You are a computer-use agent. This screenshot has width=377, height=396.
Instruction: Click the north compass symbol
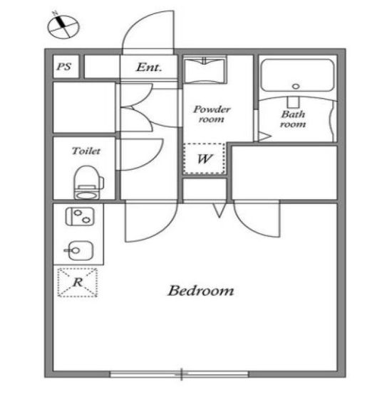pyautogui.click(x=63, y=26)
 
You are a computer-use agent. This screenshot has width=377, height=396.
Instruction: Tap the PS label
pyautogui.click(x=64, y=67)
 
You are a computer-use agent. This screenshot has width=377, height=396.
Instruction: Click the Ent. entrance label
pyautogui.click(x=149, y=67)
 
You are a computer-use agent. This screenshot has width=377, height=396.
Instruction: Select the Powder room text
pyautogui.click(x=212, y=114)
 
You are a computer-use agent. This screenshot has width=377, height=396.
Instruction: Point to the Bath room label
pyautogui.click(x=293, y=119)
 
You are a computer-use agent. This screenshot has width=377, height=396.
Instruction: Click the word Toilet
pyautogui.click(x=86, y=151)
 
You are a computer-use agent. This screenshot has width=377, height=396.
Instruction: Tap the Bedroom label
pyautogui.click(x=200, y=291)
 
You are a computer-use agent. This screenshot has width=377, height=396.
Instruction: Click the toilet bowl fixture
pyautogui.click(x=88, y=182)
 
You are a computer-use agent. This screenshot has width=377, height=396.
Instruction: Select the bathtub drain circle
pyautogui.click(x=296, y=86)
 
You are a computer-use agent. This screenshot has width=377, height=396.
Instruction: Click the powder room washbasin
pyautogui.click(x=205, y=70)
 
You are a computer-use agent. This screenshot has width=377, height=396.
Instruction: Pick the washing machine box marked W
pyautogui.click(x=204, y=159)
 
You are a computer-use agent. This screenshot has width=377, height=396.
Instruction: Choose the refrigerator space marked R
pyautogui.click(x=78, y=282)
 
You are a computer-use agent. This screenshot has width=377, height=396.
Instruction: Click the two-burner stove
pyautogui.click(x=80, y=216)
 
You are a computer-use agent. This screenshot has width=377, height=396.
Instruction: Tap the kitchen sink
pyautogui.click(x=80, y=250)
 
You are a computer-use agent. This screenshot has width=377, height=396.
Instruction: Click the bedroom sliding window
pyautogui.click(x=180, y=374)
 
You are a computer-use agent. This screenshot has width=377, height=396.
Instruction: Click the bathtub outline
pyautogui.click(x=297, y=75)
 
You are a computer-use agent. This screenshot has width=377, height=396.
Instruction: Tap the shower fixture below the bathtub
pyautogui.click(x=294, y=102)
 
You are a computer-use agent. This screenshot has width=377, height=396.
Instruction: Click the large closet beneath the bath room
pyautogui.click(x=284, y=173)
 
